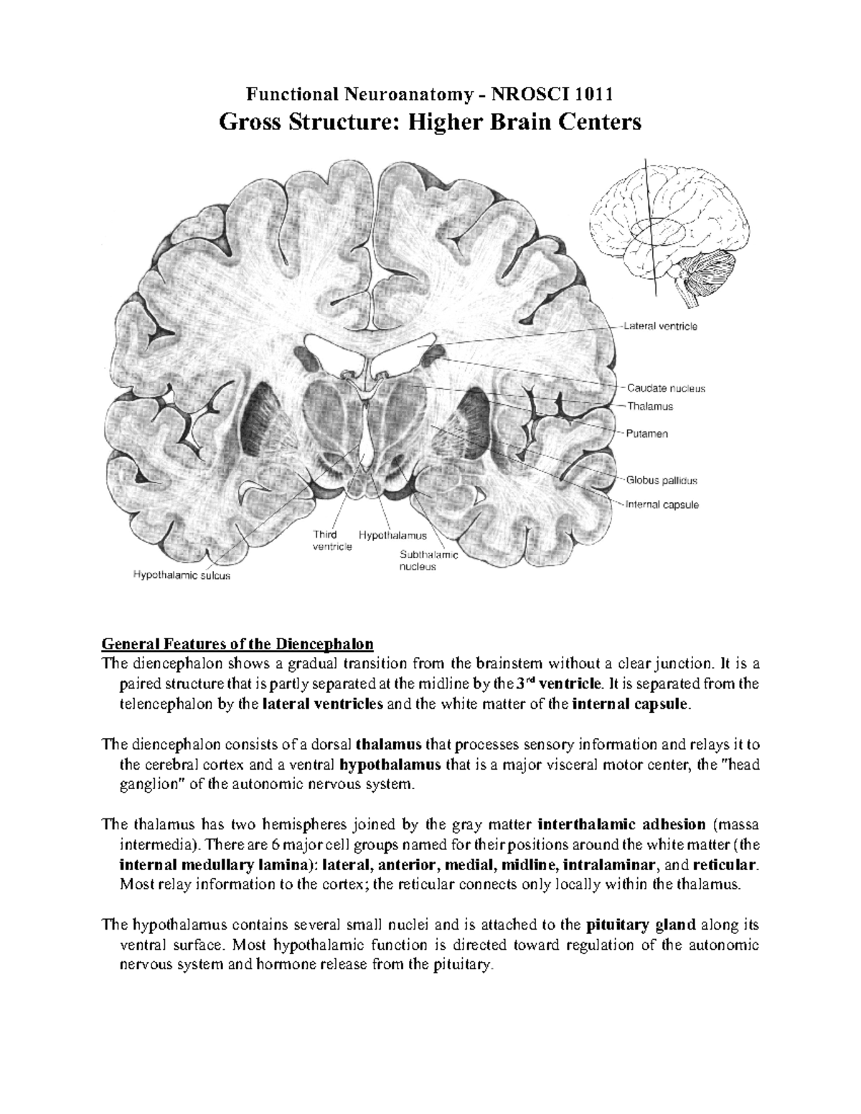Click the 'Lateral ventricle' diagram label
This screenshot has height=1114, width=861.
[x=660, y=326]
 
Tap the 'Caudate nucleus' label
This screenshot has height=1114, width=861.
[x=666, y=388]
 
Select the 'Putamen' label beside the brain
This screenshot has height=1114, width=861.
[x=647, y=434]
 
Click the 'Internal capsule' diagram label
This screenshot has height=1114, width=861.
[x=662, y=504]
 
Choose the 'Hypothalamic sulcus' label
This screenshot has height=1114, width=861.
[x=182, y=575]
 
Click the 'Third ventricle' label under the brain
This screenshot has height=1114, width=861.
[x=331, y=541]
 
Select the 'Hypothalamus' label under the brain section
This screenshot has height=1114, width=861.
[x=393, y=535]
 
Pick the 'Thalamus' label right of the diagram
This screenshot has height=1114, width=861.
[x=650, y=407]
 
